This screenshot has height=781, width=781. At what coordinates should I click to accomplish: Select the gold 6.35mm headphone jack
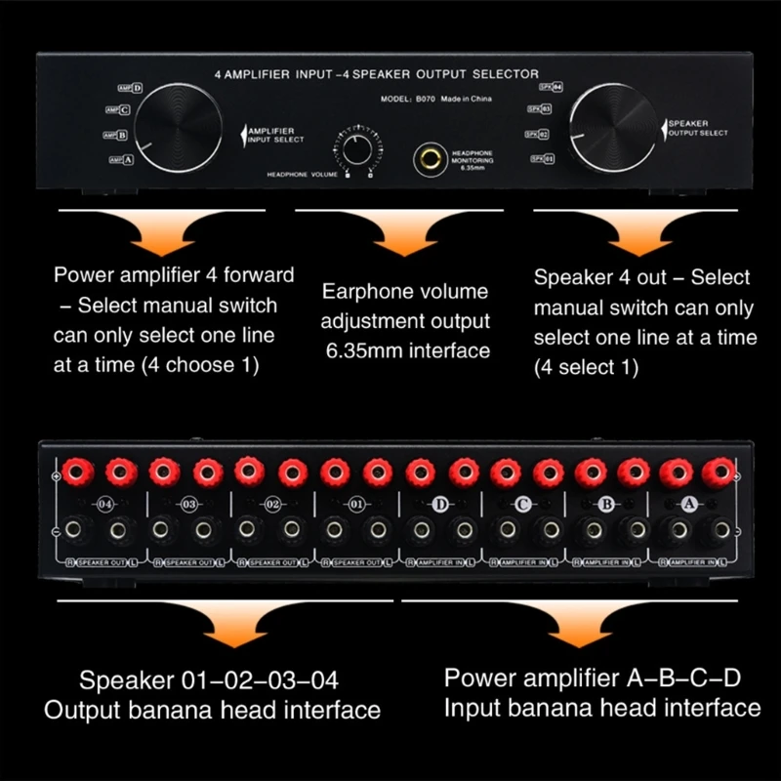[x=429, y=156]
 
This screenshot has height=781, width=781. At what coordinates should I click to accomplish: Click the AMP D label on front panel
[x=130, y=88]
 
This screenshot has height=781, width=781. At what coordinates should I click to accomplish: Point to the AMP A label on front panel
[x=121, y=159]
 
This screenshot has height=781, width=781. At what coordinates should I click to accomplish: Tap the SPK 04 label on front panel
[x=552, y=88]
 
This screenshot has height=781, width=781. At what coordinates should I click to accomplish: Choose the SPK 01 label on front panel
[x=542, y=158]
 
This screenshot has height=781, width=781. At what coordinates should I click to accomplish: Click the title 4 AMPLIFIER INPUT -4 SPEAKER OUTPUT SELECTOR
[x=376, y=74]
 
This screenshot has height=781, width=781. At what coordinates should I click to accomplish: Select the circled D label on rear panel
[x=439, y=504]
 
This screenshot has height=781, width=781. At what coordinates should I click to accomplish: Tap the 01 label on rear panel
[x=355, y=505]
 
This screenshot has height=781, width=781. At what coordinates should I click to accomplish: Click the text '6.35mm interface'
[x=407, y=349]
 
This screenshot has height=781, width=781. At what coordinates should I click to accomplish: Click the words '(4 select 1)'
[x=586, y=367]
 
